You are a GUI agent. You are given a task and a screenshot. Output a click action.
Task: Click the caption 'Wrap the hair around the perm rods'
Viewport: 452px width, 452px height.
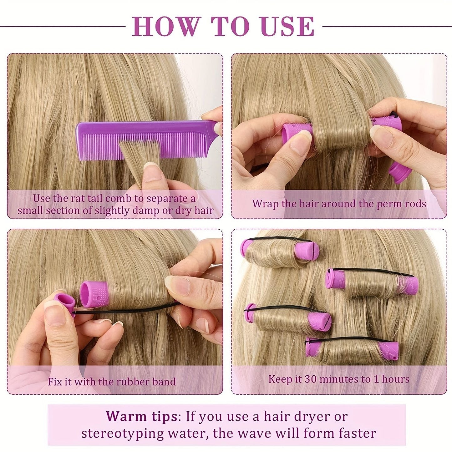(x=339, y=204)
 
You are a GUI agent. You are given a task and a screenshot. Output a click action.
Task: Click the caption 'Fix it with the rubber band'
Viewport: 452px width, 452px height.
(x=112, y=382)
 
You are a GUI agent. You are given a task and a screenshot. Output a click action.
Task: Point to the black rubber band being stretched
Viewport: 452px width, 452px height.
(x=131, y=310)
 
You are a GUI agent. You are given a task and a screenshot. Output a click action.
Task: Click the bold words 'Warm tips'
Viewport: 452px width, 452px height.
(x=141, y=416)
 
